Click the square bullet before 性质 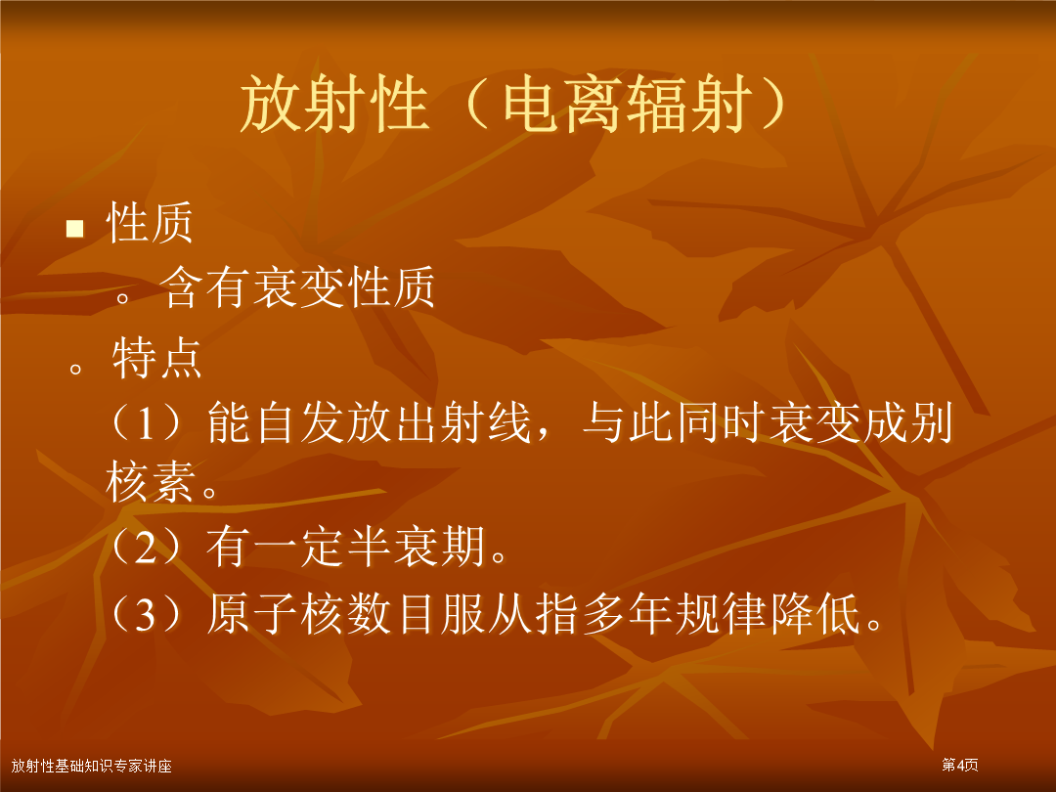click(74, 229)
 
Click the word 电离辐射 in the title click(628, 105)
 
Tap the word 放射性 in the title click(334, 105)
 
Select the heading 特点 click(156, 358)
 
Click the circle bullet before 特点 click(75, 369)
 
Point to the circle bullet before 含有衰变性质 click(122, 296)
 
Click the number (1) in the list click(146, 423)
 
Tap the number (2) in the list click(146, 547)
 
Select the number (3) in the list click(146, 613)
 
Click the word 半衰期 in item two click(416, 547)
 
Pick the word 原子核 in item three click(276, 613)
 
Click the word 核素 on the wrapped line click(151, 482)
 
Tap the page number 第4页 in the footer click(960, 765)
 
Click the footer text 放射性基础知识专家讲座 click(92, 766)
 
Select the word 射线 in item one click(485, 423)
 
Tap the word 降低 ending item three click(814, 613)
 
